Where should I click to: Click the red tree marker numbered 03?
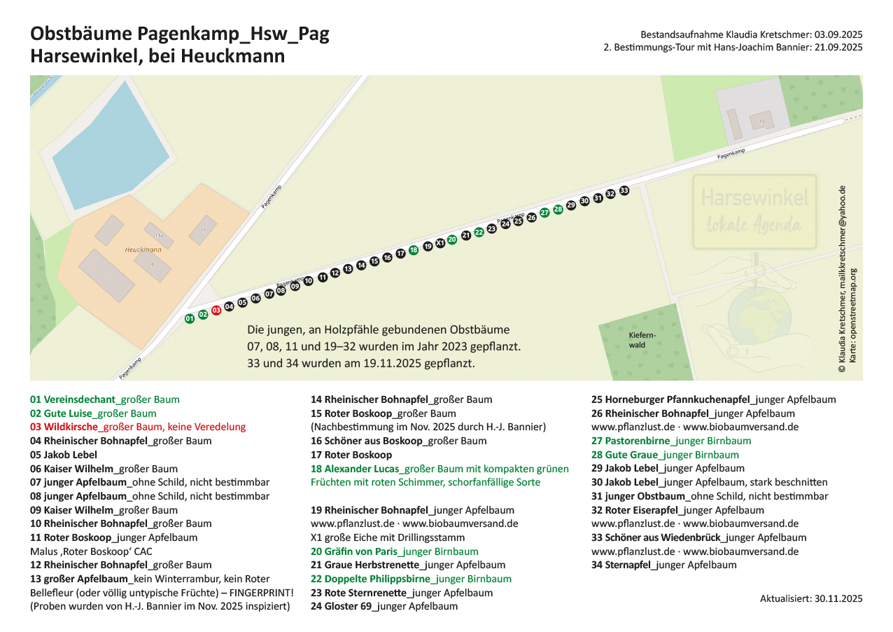coord(216,310)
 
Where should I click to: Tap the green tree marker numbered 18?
coord(414,249)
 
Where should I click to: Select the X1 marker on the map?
coord(440,243)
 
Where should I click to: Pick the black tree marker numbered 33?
coord(624,191)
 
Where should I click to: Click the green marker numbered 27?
coord(544,213)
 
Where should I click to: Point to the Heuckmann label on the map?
coord(143,249)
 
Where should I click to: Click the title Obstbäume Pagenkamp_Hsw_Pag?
coord(179,34)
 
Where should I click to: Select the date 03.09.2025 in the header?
coord(838,34)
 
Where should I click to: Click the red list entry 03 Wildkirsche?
coord(138,427)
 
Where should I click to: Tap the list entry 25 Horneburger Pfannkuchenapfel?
coord(713,400)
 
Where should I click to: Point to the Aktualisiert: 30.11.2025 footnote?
coord(811,599)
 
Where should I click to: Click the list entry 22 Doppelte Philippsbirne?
coord(411,579)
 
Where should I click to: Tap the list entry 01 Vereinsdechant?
coord(104,400)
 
